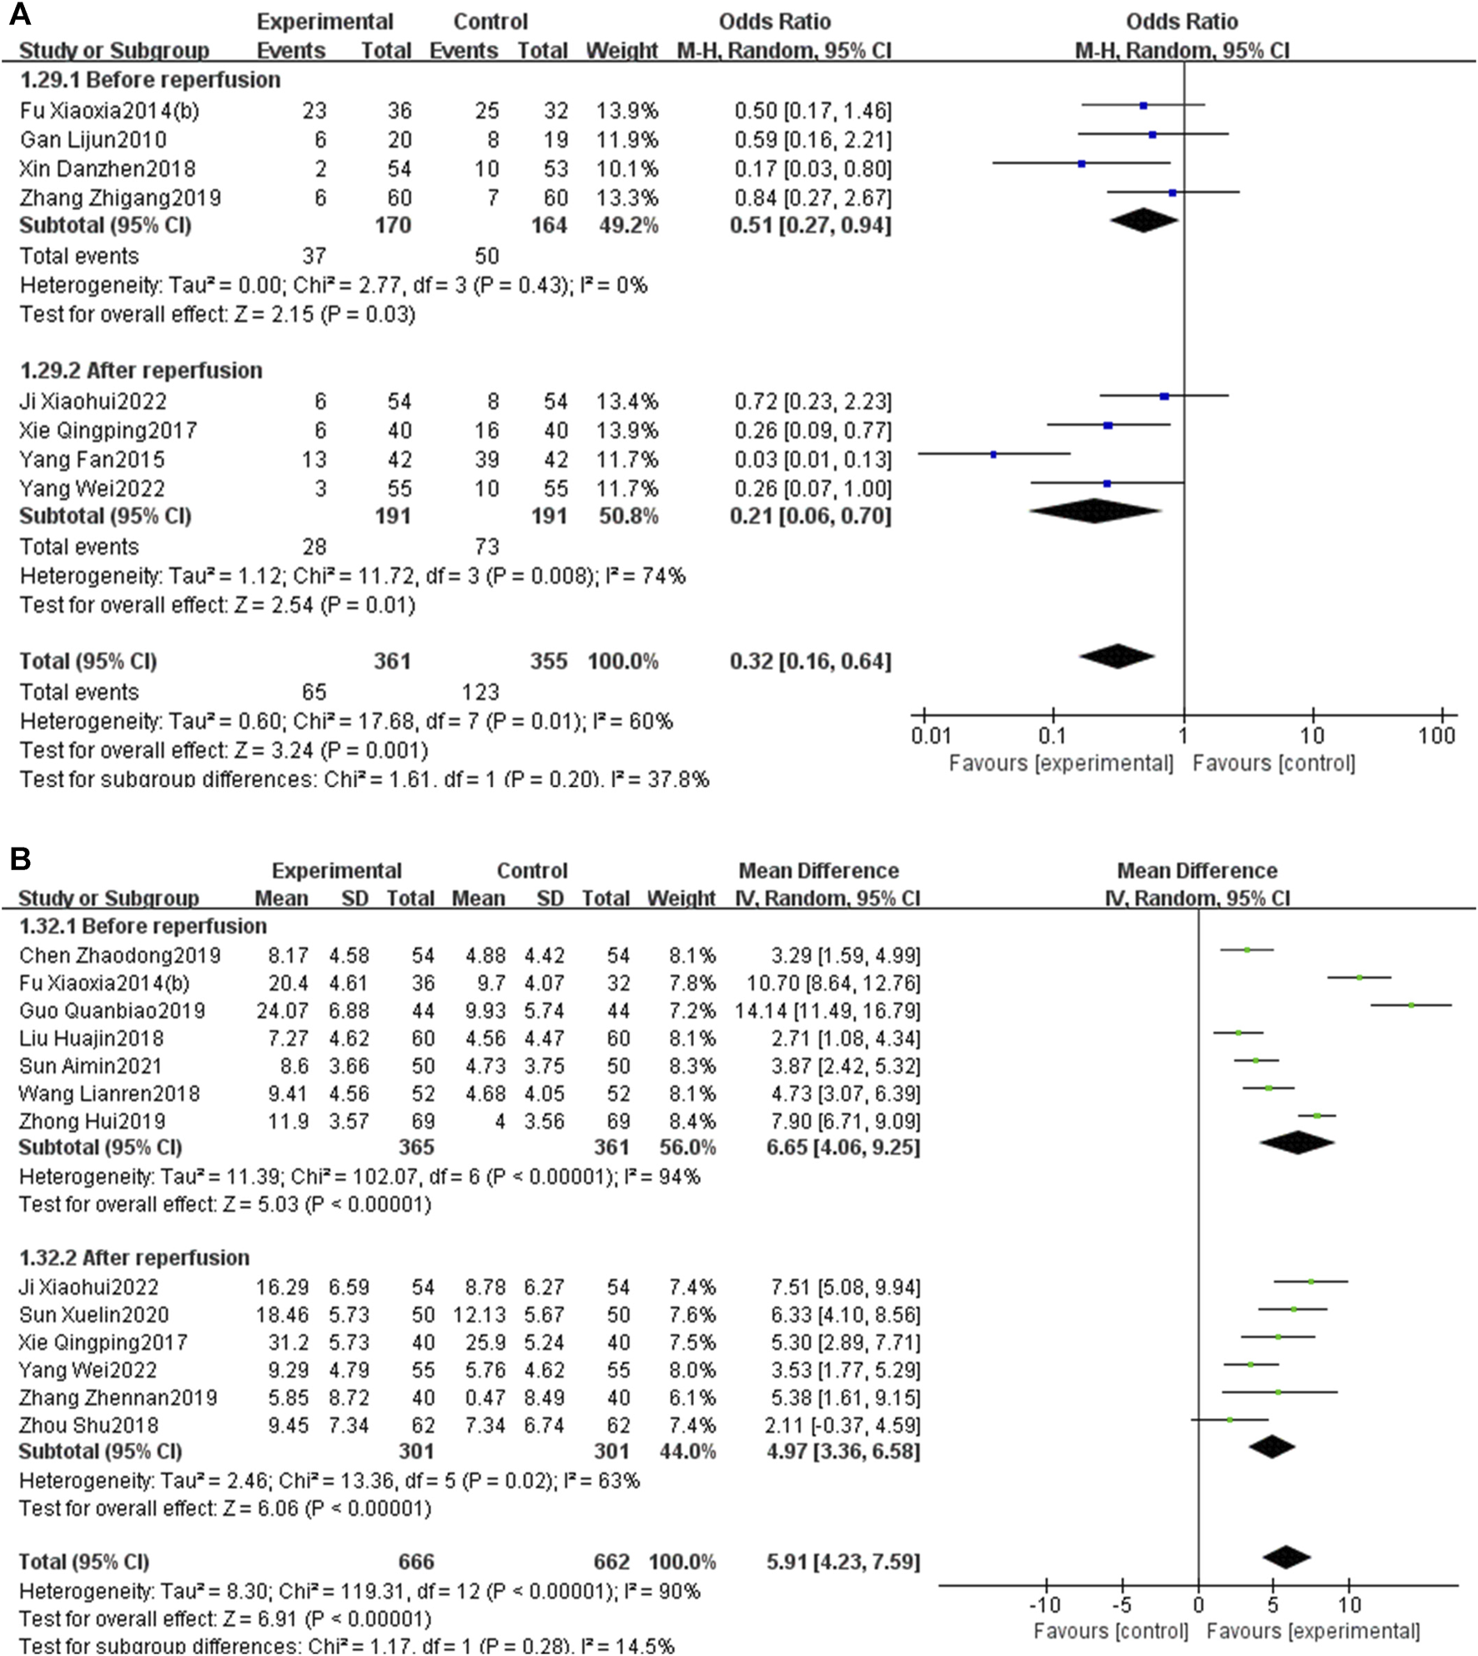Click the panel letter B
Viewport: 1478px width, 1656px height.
coord(19,859)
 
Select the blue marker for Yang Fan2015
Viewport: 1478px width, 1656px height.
coord(993,455)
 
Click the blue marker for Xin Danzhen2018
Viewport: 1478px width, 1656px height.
coord(1082,164)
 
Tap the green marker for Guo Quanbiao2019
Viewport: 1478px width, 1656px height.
coord(1411,1005)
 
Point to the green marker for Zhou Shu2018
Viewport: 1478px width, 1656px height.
coord(1230,1419)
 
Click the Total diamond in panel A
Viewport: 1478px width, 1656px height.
coord(1117,657)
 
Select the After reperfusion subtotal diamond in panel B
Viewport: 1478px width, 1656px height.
coord(1271,1447)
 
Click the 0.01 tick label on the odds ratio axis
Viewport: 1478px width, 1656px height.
coord(931,736)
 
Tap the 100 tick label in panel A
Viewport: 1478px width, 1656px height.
coord(1437,736)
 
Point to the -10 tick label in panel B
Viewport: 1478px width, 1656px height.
coord(1044,1604)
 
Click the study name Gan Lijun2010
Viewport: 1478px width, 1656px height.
coord(93,139)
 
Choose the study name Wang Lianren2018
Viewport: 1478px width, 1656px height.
coord(109,1093)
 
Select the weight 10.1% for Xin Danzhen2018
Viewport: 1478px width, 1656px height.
coord(626,169)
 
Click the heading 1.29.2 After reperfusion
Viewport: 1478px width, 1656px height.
coord(141,370)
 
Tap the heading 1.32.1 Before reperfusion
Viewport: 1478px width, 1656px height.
coord(143,926)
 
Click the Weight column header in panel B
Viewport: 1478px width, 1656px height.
coord(681,898)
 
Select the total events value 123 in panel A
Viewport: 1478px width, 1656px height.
coord(480,692)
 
